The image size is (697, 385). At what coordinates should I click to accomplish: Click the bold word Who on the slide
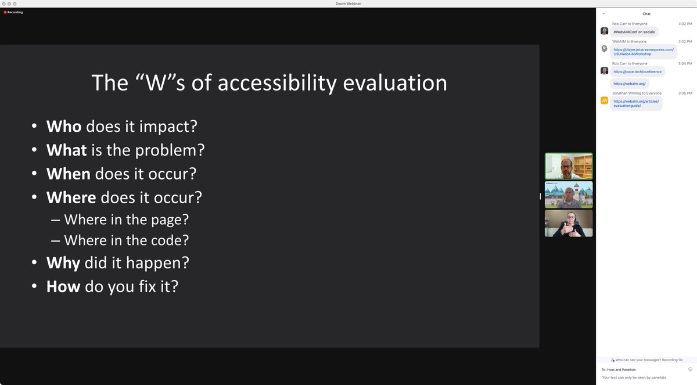click(x=64, y=126)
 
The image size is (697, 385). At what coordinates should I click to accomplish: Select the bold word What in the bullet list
click(x=67, y=150)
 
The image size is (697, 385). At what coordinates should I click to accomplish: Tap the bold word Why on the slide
click(x=63, y=262)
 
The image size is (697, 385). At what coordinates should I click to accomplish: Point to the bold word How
click(x=63, y=286)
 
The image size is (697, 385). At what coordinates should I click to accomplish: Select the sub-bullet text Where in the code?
click(x=127, y=240)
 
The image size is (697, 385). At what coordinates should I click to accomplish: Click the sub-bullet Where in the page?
click(x=127, y=220)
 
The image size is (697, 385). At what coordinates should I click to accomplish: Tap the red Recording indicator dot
click(x=5, y=12)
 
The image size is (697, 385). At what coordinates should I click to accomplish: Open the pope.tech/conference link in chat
click(x=637, y=71)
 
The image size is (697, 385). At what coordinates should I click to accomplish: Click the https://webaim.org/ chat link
click(x=629, y=84)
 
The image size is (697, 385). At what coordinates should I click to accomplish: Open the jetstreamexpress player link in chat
click(x=643, y=52)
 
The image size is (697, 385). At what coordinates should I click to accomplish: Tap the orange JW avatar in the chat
click(x=604, y=100)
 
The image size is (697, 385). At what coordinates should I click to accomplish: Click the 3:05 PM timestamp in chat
click(x=685, y=93)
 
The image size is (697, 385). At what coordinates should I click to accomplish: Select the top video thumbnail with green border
click(x=568, y=166)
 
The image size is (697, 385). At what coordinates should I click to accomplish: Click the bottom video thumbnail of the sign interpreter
click(x=568, y=223)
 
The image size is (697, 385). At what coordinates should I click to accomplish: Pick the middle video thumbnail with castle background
click(x=568, y=195)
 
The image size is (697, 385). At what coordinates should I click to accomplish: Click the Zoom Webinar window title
click(x=348, y=3)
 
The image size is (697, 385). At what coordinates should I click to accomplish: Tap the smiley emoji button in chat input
click(x=690, y=369)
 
